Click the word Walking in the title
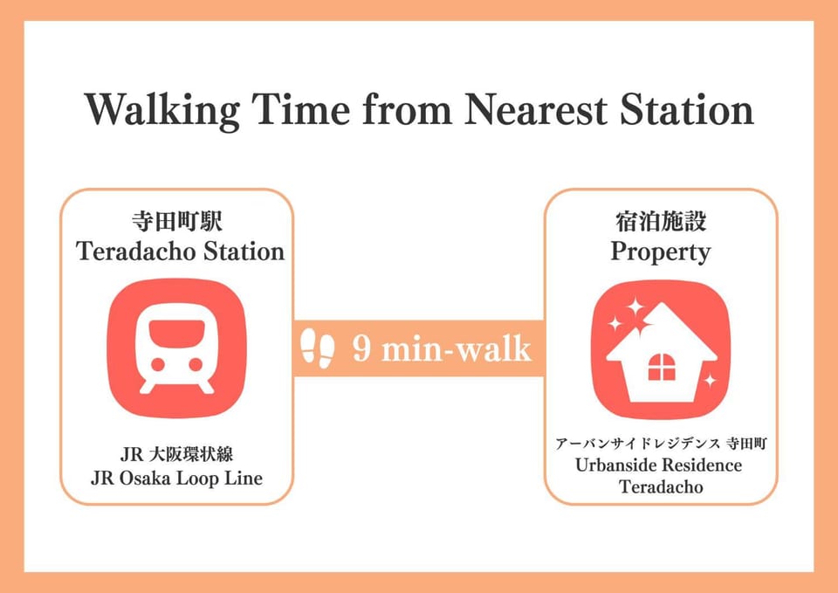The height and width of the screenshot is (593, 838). (x=161, y=111)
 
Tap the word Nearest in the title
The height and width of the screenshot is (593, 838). (x=535, y=110)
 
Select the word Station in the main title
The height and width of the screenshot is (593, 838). (x=687, y=110)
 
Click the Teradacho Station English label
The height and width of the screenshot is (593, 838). (x=180, y=252)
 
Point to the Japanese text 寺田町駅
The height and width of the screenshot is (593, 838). (x=177, y=221)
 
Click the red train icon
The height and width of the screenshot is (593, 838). (x=177, y=348)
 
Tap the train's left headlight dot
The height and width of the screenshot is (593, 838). (x=158, y=365)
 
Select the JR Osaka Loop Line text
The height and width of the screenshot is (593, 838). (x=176, y=478)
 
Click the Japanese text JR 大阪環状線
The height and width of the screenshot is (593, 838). (x=176, y=454)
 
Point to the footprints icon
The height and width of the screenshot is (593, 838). (x=318, y=348)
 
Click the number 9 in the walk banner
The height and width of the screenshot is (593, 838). (x=361, y=349)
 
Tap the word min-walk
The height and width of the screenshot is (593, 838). (x=457, y=349)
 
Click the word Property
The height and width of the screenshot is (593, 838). (x=661, y=252)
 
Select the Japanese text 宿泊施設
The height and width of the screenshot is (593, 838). (x=661, y=221)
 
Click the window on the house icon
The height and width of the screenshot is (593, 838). (x=662, y=367)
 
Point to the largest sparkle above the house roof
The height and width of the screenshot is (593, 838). (x=635, y=307)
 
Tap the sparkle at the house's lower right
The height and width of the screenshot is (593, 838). (x=710, y=381)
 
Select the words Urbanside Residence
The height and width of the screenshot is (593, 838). (x=658, y=465)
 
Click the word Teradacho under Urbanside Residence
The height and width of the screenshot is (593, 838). (x=661, y=487)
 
